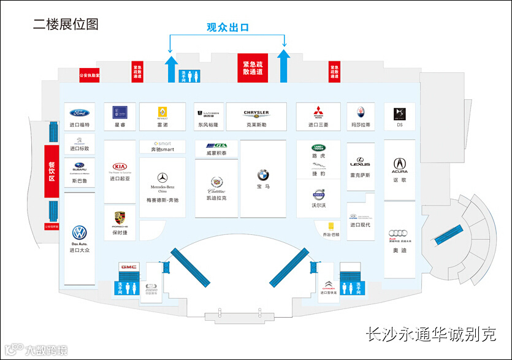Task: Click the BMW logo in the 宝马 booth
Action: pos(263,175)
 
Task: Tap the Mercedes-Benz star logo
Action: pos(162,177)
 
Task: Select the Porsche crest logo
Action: pos(120,218)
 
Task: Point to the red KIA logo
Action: pos(120,166)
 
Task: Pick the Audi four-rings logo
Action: pos(399,233)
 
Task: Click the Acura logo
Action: pos(399,164)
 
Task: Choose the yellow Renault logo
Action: pos(162,112)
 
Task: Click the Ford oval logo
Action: pos(80,113)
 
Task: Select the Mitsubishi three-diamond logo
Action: pos(318,112)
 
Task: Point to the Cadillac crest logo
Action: pos(216,182)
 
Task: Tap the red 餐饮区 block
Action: pos(52,170)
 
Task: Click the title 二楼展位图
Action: pos(66,25)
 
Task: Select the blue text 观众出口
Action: pos(227,27)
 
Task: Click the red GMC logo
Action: pos(128,267)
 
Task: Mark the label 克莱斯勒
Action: pos(256,124)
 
